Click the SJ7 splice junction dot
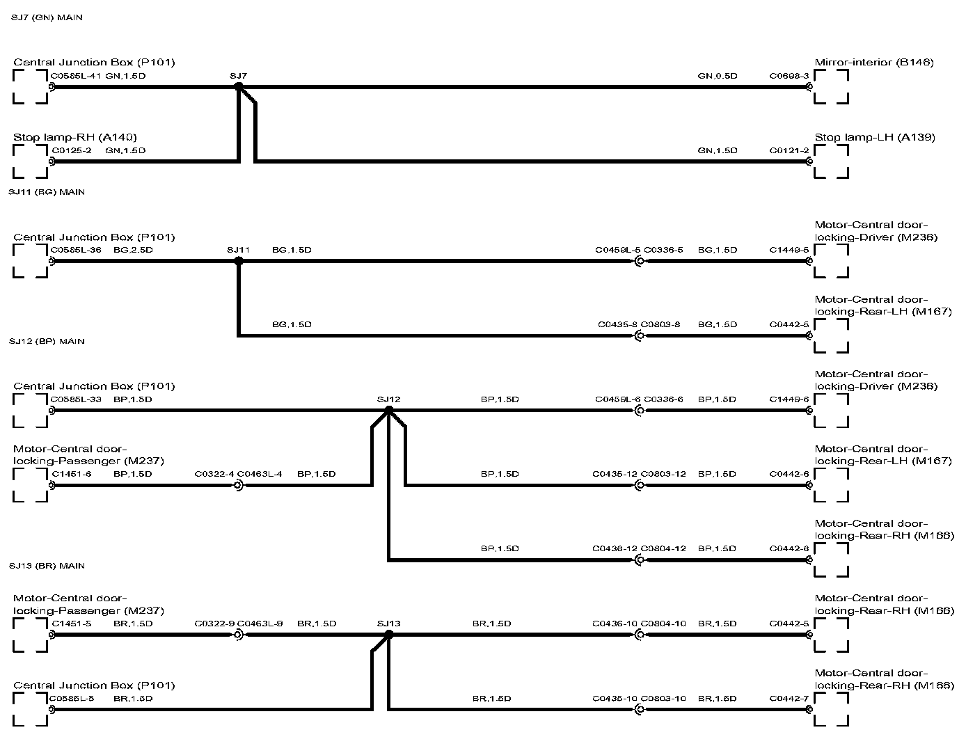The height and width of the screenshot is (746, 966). point(239,87)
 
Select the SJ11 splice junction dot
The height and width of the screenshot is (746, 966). point(239,262)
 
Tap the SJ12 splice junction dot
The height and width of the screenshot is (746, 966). point(389,411)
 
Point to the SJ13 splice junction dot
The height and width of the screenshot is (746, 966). point(389,635)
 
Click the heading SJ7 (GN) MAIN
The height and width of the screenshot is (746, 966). point(47,17)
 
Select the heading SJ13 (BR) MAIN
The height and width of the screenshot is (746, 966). point(47,566)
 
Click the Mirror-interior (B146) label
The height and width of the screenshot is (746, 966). point(873,63)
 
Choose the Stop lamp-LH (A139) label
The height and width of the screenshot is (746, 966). point(874,137)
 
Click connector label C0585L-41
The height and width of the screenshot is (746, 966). point(76,76)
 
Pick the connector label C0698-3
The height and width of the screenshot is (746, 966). point(789,76)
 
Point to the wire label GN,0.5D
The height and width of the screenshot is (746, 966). point(717,76)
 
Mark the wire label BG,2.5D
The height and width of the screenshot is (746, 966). point(132,250)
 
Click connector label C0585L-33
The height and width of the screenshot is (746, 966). point(76,399)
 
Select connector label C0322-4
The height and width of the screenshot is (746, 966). point(214,474)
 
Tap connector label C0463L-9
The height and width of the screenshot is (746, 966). point(260,624)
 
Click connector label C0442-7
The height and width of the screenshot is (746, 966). point(789,698)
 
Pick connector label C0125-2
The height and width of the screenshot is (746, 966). point(70,150)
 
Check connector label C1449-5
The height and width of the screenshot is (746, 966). point(789,250)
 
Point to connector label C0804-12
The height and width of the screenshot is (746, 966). point(663,548)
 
